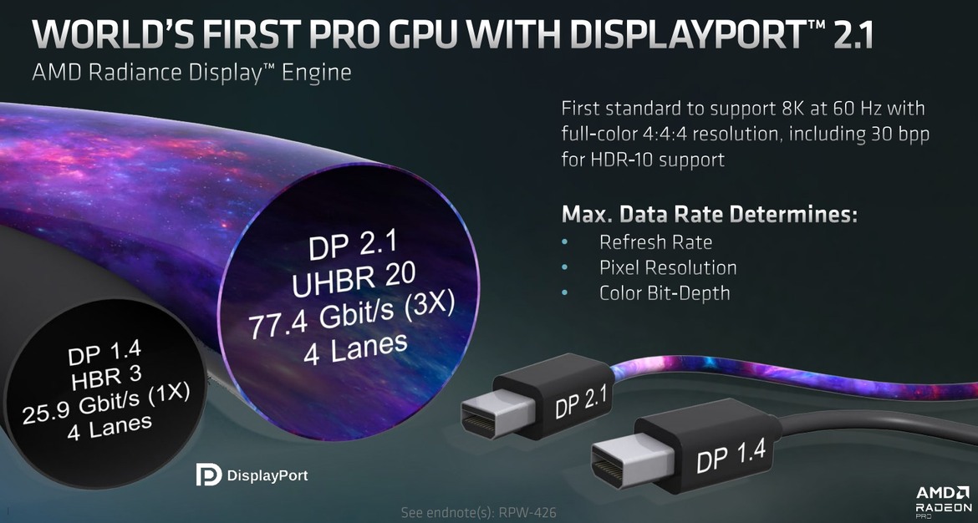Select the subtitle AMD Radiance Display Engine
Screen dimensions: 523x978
coord(191,74)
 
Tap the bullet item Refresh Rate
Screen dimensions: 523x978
coord(655,242)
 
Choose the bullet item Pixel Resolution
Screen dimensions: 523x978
coord(668,267)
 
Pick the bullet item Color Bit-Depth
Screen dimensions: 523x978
coord(665,292)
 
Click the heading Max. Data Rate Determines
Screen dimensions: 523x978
coord(710,214)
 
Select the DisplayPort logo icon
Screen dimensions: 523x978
coord(208,475)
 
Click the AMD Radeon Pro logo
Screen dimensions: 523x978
coord(942,500)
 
